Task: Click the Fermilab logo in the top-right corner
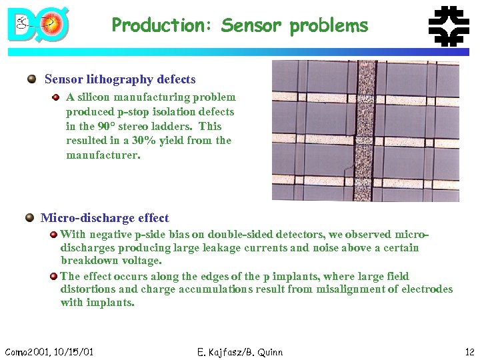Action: tap(447, 26)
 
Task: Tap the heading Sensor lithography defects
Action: tap(120, 79)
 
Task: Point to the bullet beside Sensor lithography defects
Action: tap(31, 79)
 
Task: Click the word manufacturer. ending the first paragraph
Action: tap(103, 155)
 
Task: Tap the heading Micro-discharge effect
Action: tap(105, 218)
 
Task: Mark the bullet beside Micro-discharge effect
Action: tap(29, 218)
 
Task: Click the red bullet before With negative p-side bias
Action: tap(53, 235)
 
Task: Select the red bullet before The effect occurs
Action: tap(53, 276)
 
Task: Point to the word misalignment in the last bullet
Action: tap(338, 289)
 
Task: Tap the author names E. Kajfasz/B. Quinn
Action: tap(240, 351)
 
